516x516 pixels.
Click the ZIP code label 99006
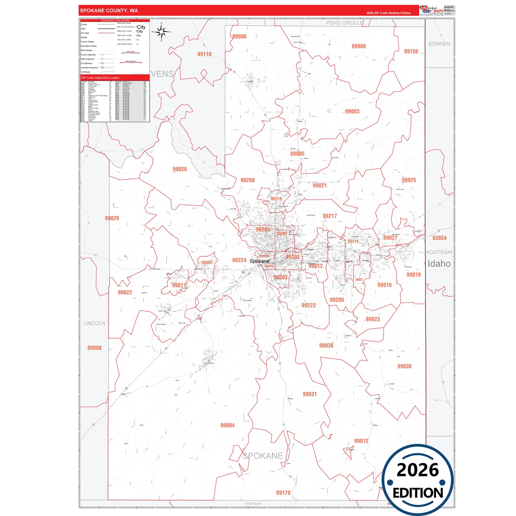point(239,36)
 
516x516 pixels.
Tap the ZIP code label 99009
point(359,46)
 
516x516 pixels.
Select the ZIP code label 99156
point(411,51)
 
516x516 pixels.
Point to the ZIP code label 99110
point(204,54)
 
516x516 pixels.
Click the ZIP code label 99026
point(180,169)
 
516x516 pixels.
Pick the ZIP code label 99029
point(112,218)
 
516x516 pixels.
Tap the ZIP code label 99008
point(94,348)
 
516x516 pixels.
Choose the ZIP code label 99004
point(227,425)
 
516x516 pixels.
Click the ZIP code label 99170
point(283,493)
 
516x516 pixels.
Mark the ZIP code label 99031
point(310,394)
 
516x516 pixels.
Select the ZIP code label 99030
point(404,366)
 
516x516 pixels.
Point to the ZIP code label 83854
point(440,238)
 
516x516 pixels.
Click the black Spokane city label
point(259,261)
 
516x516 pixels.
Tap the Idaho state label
point(439,264)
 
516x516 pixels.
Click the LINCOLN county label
point(94,323)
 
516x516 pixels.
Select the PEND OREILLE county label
point(345,23)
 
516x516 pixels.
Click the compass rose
point(161,32)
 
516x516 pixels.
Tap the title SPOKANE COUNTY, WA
point(109,11)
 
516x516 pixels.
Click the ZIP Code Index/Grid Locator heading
point(100,78)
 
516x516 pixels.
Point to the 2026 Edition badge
point(417,480)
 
